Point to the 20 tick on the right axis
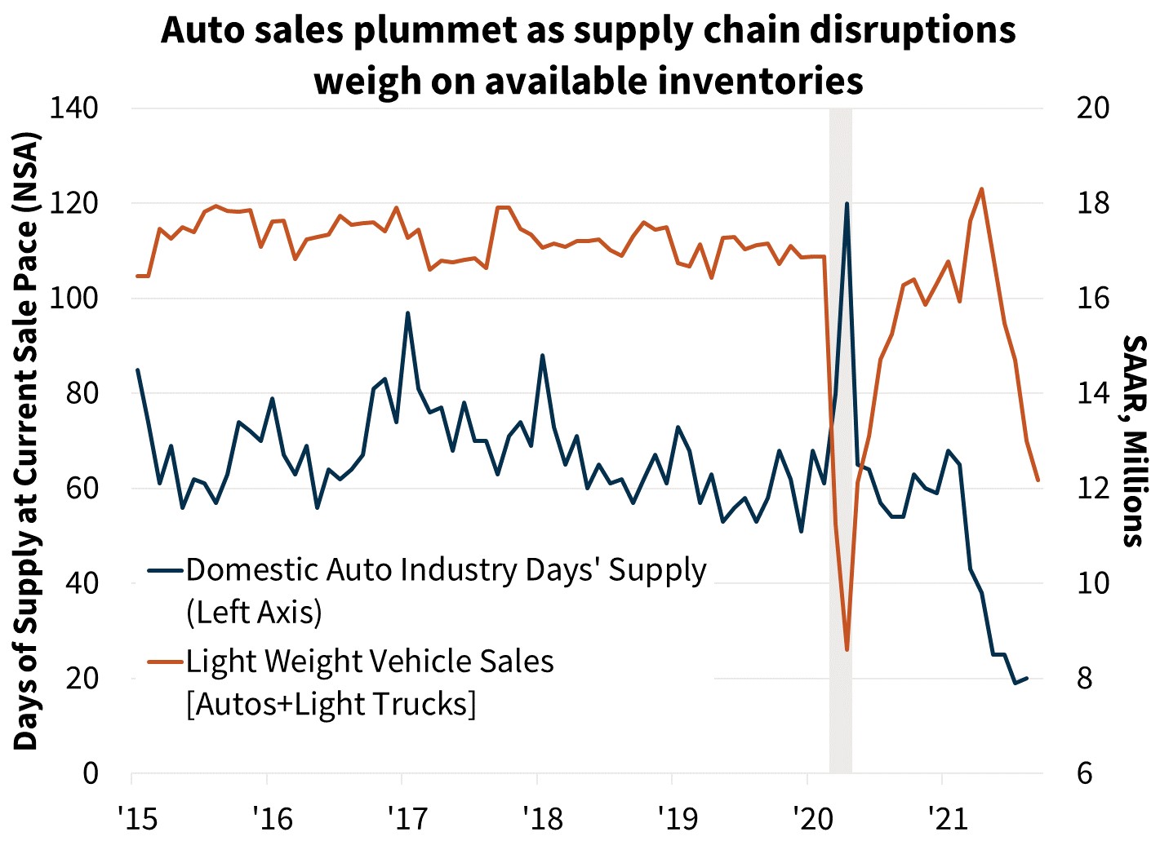click(x=1092, y=108)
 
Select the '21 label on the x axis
click(x=945, y=817)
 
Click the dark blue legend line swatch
click(x=165, y=570)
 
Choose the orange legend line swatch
click(x=165, y=662)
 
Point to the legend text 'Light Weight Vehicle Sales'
click(x=370, y=662)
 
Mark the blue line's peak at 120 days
click(x=847, y=203)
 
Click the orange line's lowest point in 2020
click(x=847, y=649)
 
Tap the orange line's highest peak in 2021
click(x=981, y=188)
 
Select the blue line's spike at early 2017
click(x=407, y=312)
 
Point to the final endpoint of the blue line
click(x=1027, y=678)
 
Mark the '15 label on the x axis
click(x=132, y=817)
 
